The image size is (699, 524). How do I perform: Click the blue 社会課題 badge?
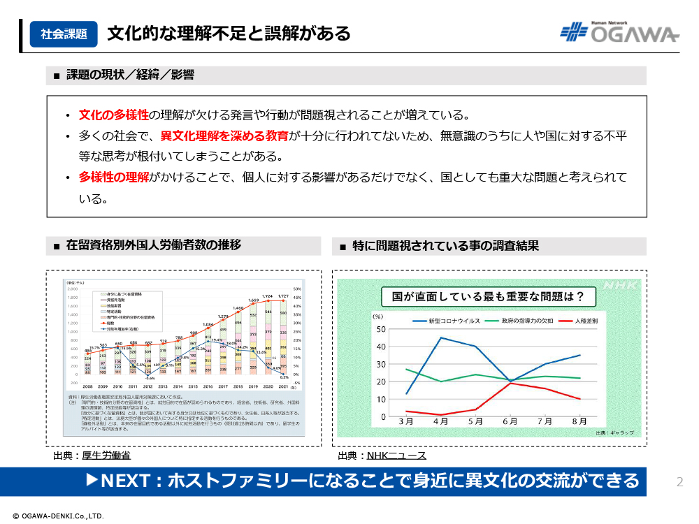(64, 34)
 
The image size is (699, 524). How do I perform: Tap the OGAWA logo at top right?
(619, 32)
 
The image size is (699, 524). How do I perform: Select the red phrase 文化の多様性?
(114, 115)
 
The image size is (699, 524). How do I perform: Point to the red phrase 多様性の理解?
(114, 177)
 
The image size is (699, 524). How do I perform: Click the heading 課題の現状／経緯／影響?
(130, 75)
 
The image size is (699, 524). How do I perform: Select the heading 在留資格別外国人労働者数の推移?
(154, 245)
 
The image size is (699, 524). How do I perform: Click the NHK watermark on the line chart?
(621, 286)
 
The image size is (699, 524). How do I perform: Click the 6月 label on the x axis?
(510, 423)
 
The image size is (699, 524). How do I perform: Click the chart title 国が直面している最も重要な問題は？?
(488, 296)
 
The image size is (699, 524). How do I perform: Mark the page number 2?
(679, 481)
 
